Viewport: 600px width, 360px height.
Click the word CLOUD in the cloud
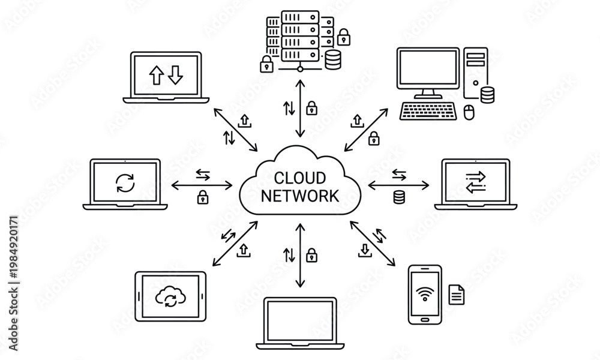pyautogui.click(x=300, y=178)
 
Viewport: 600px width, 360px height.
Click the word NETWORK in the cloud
pyautogui.click(x=300, y=196)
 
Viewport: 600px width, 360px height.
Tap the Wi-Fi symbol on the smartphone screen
pyautogui.click(x=425, y=294)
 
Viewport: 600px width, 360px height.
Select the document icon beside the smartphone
pyautogui.click(x=457, y=294)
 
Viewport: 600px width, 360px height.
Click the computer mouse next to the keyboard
pyautogui.click(x=469, y=112)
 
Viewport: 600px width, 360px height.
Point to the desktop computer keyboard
pyautogui.click(x=428, y=111)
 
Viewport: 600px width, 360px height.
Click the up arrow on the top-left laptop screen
pyautogui.click(x=156, y=75)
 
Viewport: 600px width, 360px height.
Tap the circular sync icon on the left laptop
pyautogui.click(x=125, y=183)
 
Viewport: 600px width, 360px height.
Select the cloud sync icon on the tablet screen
pyautogui.click(x=170, y=296)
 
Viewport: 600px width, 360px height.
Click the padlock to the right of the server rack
pyautogui.click(x=344, y=37)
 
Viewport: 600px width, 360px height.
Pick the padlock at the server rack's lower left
pyautogui.click(x=266, y=64)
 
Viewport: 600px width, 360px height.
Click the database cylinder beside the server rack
pyautogui.click(x=332, y=59)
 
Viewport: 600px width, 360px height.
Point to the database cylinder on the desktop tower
pyautogui.click(x=487, y=95)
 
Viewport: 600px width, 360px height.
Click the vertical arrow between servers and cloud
pyautogui.click(x=301, y=108)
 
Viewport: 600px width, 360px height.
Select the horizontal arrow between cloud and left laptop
pyautogui.click(x=202, y=185)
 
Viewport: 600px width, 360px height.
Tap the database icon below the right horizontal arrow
pyautogui.click(x=399, y=197)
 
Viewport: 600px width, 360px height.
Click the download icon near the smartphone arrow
pyautogui.click(x=365, y=250)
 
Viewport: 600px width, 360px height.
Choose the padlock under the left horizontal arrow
pyautogui.click(x=202, y=197)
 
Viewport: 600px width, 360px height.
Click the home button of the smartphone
pyautogui.click(x=425, y=319)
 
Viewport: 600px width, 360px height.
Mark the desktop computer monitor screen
pyautogui.click(x=428, y=68)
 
